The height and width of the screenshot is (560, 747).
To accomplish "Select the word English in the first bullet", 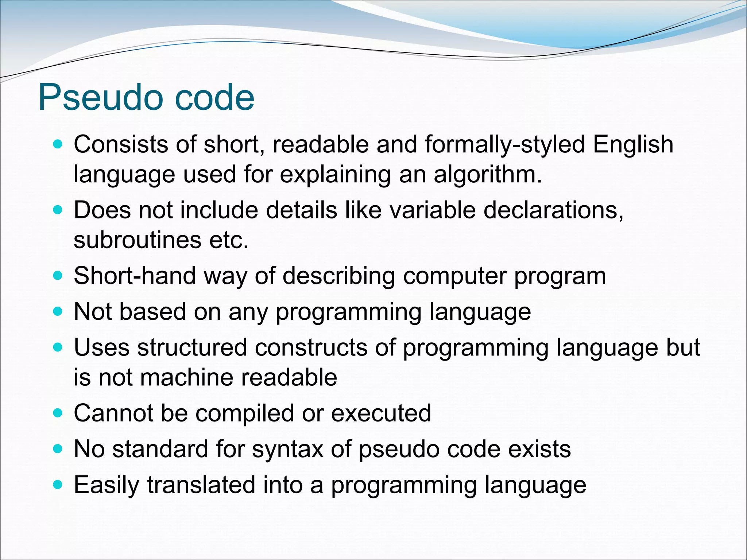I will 633,145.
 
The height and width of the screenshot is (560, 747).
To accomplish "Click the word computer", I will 454,276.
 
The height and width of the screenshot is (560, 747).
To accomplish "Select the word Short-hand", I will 135,276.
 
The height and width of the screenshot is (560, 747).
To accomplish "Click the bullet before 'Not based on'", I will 58,312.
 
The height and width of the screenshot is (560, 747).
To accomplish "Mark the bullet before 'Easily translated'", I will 58,485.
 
